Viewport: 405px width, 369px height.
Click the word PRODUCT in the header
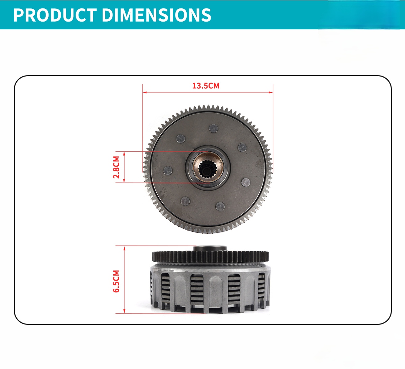point(55,15)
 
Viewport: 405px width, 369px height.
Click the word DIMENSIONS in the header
point(157,15)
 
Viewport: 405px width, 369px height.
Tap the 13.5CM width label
point(206,86)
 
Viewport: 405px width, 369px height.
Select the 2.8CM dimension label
point(116,167)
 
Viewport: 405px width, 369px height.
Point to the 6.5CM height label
point(116,281)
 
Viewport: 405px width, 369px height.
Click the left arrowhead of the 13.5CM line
point(145,92)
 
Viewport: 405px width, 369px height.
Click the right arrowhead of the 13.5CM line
point(271,92)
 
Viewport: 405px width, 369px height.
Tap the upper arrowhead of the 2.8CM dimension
point(124,153)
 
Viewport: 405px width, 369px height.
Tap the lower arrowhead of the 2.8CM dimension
point(124,181)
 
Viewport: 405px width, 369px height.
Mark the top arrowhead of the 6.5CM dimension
point(124,248)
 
